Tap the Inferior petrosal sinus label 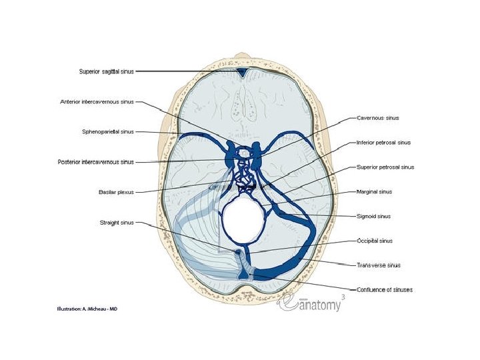point(384,143)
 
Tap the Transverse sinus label point(378,265)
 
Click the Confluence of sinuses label point(385,289)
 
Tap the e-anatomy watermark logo point(313,303)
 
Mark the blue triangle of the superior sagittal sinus point(243,72)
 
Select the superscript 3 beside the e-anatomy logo point(343,295)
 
